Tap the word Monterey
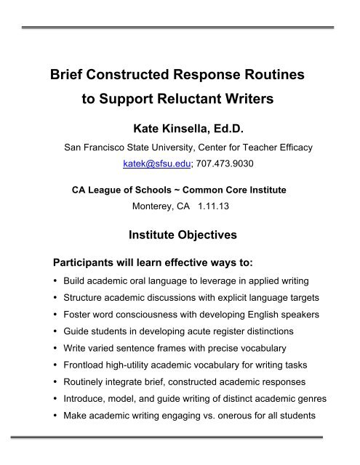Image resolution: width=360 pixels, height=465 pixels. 152,206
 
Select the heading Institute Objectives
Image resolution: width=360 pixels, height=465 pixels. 180,235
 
